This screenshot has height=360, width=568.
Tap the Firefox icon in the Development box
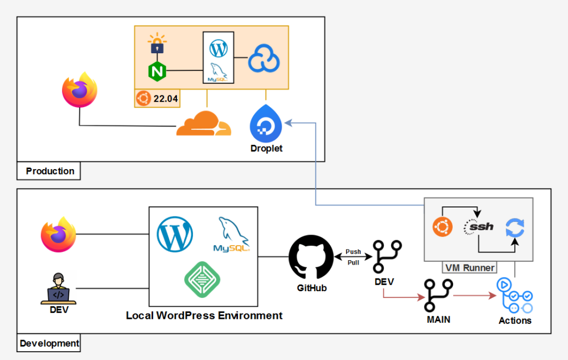(x=58, y=235)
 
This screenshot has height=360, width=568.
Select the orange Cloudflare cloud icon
(x=203, y=124)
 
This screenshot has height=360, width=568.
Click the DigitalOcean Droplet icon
(x=266, y=123)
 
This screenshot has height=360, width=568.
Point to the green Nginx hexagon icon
(x=158, y=71)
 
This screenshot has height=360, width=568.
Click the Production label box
(x=49, y=171)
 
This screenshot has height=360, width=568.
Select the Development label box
(x=49, y=343)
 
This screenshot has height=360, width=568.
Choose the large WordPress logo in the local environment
(x=175, y=234)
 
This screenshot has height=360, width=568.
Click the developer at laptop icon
(x=58, y=288)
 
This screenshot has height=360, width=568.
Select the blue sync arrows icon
(x=515, y=227)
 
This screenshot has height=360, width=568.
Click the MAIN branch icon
(x=438, y=296)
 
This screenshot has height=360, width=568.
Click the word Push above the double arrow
(x=353, y=252)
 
